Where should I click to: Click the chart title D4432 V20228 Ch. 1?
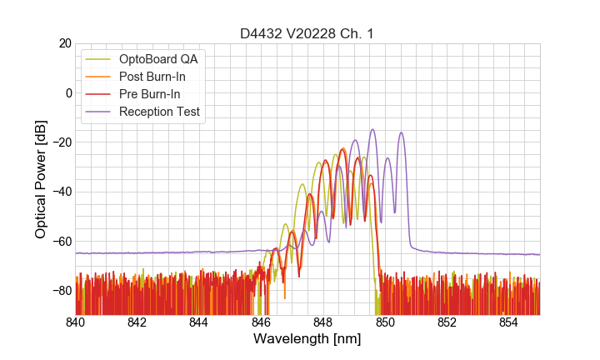(x=307, y=34)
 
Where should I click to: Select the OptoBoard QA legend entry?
(x=158, y=59)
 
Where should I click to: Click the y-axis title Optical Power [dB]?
(x=41, y=178)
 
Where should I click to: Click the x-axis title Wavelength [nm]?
(x=307, y=340)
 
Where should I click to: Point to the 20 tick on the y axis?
(x=64, y=43)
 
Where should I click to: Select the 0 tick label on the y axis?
(x=67, y=92)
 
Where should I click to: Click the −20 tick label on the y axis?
(x=61, y=142)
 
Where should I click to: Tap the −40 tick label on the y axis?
(x=61, y=192)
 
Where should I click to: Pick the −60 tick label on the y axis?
(x=61, y=241)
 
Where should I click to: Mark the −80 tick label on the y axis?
(x=61, y=291)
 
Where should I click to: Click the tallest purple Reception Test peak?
(x=372, y=130)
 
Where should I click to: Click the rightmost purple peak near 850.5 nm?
(x=402, y=133)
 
